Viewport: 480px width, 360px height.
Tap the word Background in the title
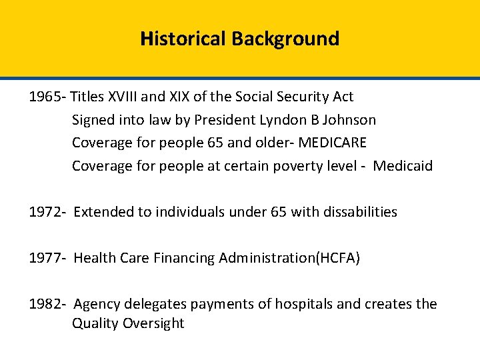coord(285,39)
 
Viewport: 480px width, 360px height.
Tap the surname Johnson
coord(353,120)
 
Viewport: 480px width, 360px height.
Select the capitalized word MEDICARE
coord(333,143)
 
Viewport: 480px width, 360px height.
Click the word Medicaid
coord(403,165)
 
